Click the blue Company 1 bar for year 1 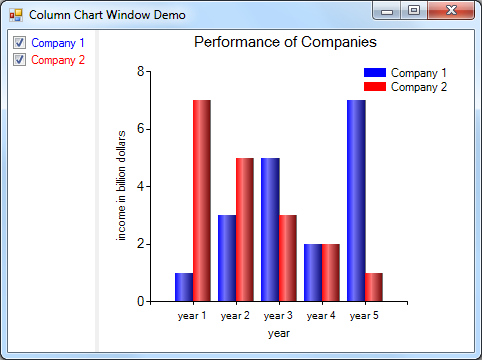(x=183, y=287)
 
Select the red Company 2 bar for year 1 (x=202, y=200)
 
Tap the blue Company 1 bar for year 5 (x=356, y=200)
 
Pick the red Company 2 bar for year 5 (x=374, y=287)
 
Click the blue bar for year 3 (x=270, y=229)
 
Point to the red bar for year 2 (x=245, y=229)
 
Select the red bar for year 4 (x=331, y=272)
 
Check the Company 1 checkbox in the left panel (x=19, y=44)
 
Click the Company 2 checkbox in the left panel (x=19, y=60)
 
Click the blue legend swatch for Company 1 (x=374, y=73)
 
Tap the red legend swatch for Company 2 (x=374, y=87)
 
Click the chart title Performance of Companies (x=285, y=43)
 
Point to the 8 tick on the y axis (x=141, y=71)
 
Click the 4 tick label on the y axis (x=141, y=186)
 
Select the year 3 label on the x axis (x=278, y=316)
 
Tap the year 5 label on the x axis (x=364, y=316)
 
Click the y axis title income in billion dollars (x=122, y=185)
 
